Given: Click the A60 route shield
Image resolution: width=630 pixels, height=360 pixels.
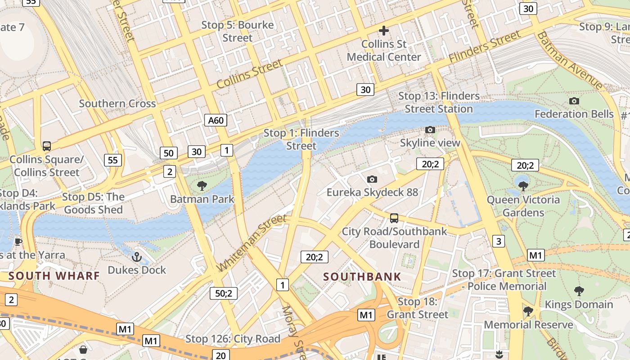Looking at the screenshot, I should pyautogui.click(x=216, y=120).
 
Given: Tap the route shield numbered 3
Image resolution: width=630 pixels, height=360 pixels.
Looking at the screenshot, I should pyautogui.click(x=498, y=241).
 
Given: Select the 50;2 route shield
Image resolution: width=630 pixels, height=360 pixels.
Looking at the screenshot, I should pyautogui.click(x=223, y=293).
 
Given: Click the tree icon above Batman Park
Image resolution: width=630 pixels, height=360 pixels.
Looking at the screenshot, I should pyautogui.click(x=202, y=185).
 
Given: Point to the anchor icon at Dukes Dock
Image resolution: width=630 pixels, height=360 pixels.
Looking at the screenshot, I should pyautogui.click(x=136, y=257).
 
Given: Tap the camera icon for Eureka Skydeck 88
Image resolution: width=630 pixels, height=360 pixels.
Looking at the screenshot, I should pyautogui.click(x=372, y=179).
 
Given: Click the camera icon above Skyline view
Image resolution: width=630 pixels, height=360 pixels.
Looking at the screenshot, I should pyautogui.click(x=430, y=130).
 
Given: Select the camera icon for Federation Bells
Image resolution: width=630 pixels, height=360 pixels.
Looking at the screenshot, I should pyautogui.click(x=574, y=101).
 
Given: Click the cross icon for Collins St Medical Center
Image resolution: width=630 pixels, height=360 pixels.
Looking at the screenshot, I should pyautogui.click(x=383, y=31).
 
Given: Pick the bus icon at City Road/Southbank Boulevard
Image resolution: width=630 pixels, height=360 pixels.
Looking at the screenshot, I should pyautogui.click(x=394, y=218).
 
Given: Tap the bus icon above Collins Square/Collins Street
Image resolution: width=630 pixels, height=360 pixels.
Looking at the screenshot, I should pyautogui.click(x=46, y=146).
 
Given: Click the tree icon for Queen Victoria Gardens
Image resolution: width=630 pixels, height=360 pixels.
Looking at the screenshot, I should pyautogui.click(x=523, y=186).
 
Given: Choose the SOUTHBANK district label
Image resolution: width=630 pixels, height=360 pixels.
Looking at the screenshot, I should pyautogui.click(x=362, y=277).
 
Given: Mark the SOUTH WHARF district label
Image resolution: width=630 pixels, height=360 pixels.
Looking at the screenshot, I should pyautogui.click(x=54, y=275).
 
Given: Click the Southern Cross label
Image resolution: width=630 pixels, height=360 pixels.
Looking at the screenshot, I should pyautogui.click(x=117, y=103).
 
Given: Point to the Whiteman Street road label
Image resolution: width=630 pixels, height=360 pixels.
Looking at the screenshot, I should pyautogui.click(x=251, y=243).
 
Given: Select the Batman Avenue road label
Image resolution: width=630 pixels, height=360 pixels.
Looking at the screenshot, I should pyautogui.click(x=569, y=60).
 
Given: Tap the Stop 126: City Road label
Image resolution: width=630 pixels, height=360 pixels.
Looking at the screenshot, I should pyautogui.click(x=233, y=339).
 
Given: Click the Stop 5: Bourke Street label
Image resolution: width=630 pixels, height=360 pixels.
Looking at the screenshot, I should pyautogui.click(x=237, y=31).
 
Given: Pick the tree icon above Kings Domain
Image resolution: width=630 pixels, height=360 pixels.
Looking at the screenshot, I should pyautogui.click(x=579, y=291).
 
